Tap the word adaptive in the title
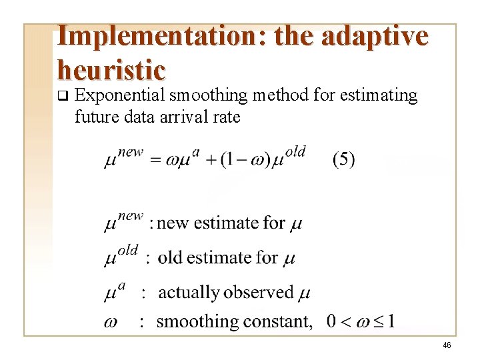coord(374,36)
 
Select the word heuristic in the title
coord(111,69)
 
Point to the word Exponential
coord(119,96)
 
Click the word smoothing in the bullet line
coord(209,96)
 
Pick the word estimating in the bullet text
coord(378,96)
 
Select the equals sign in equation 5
coord(155,161)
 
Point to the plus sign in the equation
coord(210,161)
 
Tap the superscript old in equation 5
coord(295,152)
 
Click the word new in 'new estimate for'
coord(173,223)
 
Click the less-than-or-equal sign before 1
coord(379,322)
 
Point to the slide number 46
coord(447,345)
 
